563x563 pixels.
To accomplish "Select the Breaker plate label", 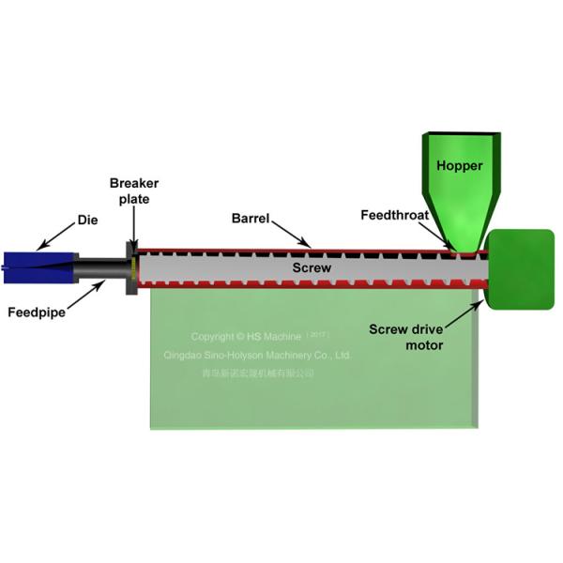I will coord(129,190).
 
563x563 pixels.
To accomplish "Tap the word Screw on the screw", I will coord(312,268).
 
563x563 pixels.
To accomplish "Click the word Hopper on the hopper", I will coord(460,166).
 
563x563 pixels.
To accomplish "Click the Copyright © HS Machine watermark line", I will coord(258,336).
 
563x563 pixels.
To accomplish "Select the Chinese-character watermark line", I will coord(258,373).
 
